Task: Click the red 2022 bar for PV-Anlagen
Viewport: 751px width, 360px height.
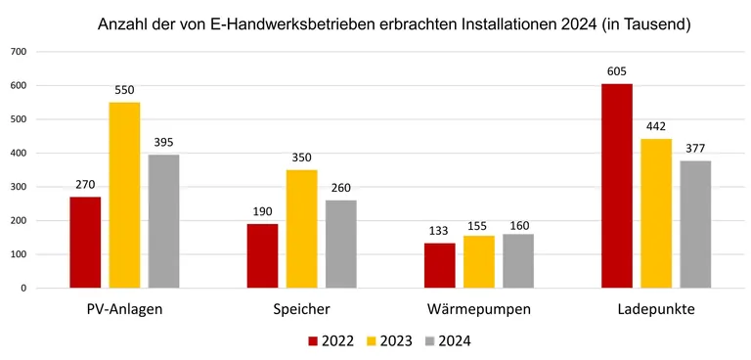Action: pos(85,243)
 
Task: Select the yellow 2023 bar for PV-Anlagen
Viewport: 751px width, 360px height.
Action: pos(124,196)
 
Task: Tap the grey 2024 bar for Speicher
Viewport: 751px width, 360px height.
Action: pos(341,245)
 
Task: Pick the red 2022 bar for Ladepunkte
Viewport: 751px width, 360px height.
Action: pos(616,186)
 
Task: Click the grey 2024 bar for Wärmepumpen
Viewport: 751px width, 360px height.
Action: pos(518,261)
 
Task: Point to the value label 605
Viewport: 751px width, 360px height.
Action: pos(616,71)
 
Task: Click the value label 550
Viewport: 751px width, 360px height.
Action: pos(124,90)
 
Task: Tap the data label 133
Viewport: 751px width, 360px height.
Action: pos(439,231)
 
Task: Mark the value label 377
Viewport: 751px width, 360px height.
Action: pos(695,149)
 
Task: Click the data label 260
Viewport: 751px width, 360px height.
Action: pos(341,188)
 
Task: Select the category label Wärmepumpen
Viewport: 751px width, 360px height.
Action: pos(479,310)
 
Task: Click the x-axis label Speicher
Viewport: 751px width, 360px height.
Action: pos(301,310)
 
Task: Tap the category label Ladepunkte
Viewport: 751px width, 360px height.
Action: pos(656,310)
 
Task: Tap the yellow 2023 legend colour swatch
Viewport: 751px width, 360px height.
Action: pos(370,341)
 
